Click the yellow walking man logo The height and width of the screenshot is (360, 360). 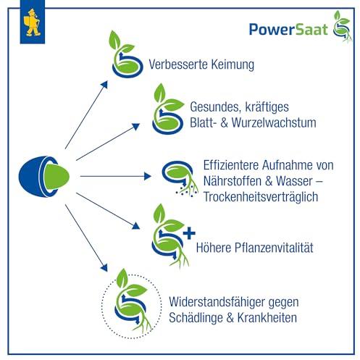[33, 22]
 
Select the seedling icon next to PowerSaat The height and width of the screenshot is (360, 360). [343, 26]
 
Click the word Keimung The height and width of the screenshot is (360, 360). [233, 64]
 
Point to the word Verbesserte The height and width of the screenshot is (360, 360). [178, 64]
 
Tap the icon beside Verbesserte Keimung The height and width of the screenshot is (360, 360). [126, 54]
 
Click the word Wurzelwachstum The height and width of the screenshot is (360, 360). [274, 122]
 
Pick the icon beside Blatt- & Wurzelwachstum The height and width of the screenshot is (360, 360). [168, 109]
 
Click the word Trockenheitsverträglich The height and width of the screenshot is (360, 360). [261, 197]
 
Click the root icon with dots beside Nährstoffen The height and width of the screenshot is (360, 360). [180, 179]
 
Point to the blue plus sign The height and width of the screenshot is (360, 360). [189, 233]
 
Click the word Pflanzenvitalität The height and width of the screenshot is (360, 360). [274, 248]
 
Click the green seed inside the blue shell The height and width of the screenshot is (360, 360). [56, 177]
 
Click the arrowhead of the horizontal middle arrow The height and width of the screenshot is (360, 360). [148, 176]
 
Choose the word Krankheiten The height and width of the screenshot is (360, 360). [267, 317]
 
